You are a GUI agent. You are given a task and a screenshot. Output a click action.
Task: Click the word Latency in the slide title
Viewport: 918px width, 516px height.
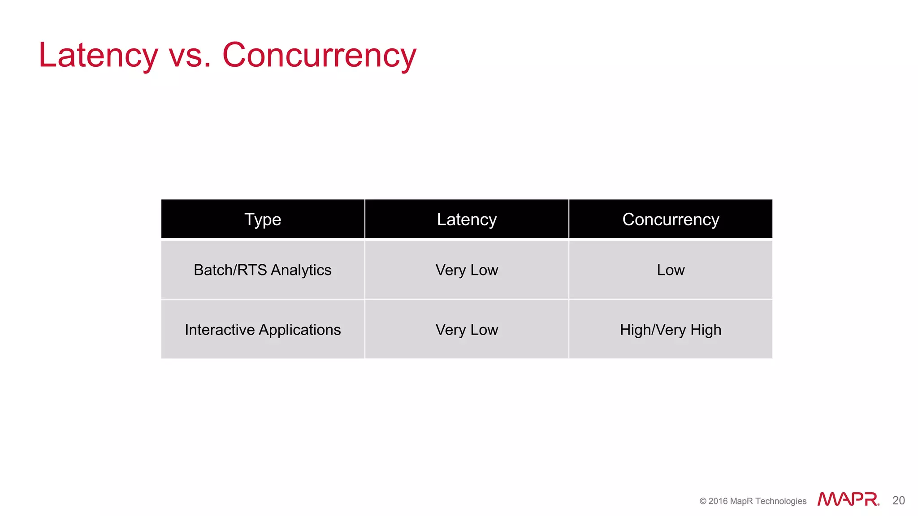(x=98, y=55)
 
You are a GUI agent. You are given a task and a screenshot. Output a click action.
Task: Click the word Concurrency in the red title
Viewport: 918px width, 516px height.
(x=319, y=55)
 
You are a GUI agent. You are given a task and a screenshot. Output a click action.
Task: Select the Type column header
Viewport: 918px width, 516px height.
(x=263, y=219)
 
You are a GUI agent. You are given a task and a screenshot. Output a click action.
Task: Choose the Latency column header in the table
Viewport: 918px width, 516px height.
(x=467, y=219)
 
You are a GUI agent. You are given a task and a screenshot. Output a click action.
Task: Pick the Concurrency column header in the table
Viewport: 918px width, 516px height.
(x=671, y=219)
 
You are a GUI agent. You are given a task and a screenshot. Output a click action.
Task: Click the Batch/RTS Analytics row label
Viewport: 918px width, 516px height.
(x=263, y=270)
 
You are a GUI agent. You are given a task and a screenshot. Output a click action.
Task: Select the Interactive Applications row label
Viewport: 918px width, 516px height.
(x=263, y=330)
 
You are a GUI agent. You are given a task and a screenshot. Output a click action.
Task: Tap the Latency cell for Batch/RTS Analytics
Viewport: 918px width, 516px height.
(x=467, y=270)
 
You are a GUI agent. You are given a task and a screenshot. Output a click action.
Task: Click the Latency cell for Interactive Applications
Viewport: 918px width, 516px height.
(x=467, y=330)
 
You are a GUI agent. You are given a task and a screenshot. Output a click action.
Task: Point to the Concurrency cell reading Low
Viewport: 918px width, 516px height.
(x=671, y=270)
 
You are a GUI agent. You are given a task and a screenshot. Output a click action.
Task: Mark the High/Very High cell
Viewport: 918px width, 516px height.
(x=671, y=330)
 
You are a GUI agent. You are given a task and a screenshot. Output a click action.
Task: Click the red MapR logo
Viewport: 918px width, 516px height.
(x=848, y=499)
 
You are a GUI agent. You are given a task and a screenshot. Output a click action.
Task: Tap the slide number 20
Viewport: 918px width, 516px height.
(x=898, y=500)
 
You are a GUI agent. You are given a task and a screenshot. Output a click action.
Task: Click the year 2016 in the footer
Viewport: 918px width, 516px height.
(x=718, y=501)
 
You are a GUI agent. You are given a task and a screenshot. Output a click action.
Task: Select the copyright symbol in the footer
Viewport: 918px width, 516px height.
(x=703, y=501)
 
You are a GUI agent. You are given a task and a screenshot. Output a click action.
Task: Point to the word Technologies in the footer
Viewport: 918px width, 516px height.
(x=781, y=501)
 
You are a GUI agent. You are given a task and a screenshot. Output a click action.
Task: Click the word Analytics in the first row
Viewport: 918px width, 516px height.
(x=301, y=270)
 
